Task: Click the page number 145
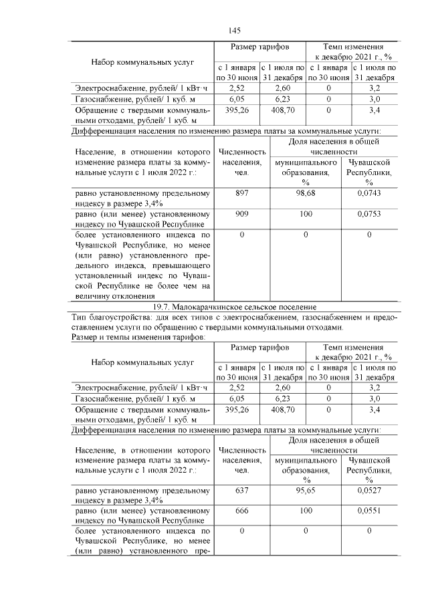pos(234,30)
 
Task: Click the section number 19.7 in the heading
pos(162,307)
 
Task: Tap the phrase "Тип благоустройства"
pos(106,317)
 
